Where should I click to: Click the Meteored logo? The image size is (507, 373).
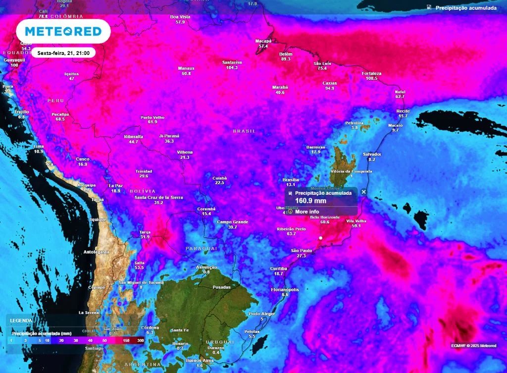pos(63,32)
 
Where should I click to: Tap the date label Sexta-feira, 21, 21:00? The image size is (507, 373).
pos(63,53)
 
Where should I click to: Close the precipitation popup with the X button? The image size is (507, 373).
pos(364,192)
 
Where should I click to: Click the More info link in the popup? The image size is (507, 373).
pos(307,212)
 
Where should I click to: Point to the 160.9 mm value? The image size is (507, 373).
pos(310,201)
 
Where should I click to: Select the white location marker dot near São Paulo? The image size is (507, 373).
pos(321,238)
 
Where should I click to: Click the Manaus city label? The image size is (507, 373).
pos(186,68)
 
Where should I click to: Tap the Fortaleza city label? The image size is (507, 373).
pos(372,73)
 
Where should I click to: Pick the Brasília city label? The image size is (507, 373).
pos(290,179)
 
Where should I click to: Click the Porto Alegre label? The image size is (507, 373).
pos(262,314)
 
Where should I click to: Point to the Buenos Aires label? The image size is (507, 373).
pos(200,361)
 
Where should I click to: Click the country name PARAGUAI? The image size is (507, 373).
pos(202,248)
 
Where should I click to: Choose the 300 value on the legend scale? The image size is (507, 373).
pos(141,341)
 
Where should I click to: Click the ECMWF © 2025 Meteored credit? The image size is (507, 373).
pos(473,346)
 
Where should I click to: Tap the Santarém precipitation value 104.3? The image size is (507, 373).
pos(232,67)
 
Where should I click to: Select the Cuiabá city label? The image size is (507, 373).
pos(219,177)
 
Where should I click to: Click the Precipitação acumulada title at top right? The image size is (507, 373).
pos(465,8)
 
